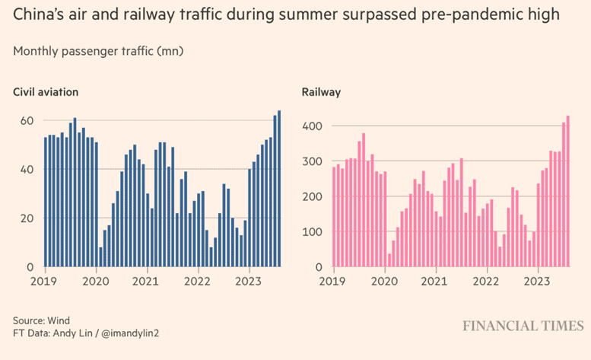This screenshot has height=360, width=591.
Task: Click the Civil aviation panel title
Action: (46, 92)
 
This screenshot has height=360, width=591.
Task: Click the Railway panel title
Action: (321, 92)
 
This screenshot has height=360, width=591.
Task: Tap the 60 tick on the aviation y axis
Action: (26, 120)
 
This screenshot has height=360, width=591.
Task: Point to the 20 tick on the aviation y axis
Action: (26, 218)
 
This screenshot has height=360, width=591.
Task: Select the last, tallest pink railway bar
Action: (567, 191)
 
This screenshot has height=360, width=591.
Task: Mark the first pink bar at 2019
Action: (334, 217)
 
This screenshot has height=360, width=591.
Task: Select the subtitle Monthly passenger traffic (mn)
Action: (98, 51)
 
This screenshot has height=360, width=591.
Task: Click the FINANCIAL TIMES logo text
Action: (523, 325)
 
